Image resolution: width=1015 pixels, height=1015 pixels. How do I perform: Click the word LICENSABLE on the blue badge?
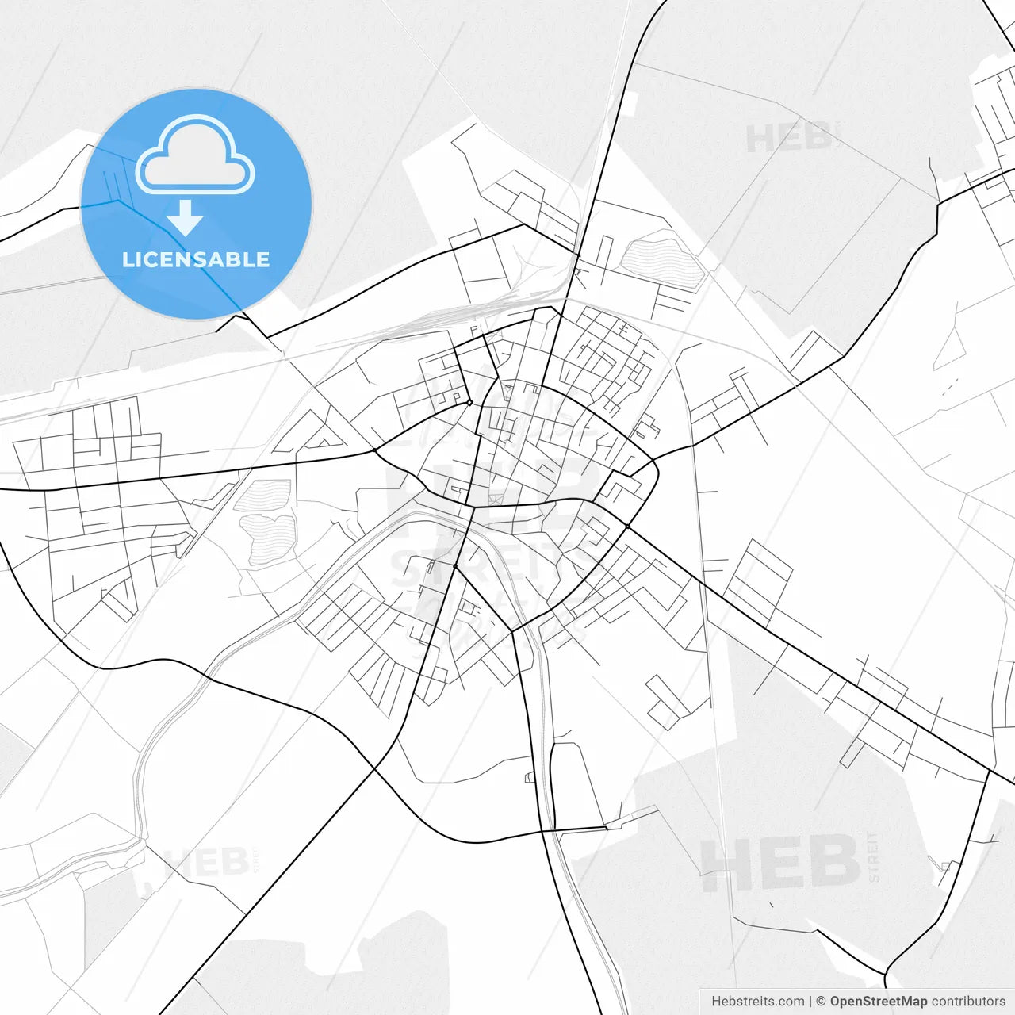point(196,259)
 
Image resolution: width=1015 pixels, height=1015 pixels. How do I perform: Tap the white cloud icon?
point(195,155)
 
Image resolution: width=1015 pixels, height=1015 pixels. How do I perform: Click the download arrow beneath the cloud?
point(186,219)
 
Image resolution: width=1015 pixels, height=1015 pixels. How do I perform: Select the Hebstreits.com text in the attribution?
point(757,1002)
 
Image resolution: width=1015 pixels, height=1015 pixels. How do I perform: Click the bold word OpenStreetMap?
point(878,1002)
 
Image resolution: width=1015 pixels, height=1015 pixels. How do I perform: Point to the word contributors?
point(967,1002)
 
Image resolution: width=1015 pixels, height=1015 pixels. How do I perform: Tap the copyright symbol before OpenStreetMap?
point(822,1002)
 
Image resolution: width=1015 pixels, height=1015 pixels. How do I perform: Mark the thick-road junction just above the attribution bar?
point(886,974)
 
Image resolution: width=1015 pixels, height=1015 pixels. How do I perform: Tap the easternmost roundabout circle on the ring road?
point(627,526)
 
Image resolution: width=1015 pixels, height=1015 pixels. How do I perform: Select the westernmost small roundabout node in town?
point(374,450)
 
